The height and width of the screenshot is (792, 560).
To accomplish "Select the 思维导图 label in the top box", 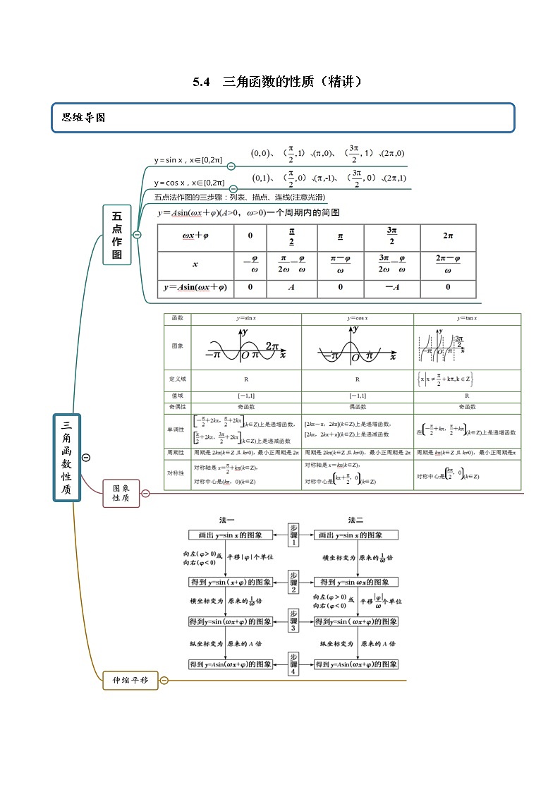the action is [84, 118].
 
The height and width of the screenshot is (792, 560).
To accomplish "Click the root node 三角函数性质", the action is [67, 458].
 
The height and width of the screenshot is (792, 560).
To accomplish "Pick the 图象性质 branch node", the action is [121, 492].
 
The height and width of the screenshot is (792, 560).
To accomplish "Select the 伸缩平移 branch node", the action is [130, 681].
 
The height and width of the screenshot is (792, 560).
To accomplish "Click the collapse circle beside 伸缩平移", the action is [164, 681].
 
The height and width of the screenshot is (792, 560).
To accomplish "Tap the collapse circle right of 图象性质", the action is [145, 493].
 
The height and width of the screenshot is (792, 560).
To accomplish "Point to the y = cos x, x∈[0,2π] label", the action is [190, 182].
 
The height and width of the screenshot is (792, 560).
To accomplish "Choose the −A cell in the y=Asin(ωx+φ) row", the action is [392, 287].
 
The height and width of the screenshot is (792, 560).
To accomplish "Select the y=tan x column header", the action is [466, 318].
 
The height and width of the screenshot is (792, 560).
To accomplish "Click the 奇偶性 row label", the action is [177, 407].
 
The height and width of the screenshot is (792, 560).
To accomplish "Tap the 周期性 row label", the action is [177, 452].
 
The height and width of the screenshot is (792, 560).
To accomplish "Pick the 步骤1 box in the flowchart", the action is [293, 535].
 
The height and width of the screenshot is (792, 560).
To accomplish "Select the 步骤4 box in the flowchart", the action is [293, 664].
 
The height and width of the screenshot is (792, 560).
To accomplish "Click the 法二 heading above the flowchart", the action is [355, 520].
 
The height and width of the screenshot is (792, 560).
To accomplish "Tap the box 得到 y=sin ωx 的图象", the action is [356, 582].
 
